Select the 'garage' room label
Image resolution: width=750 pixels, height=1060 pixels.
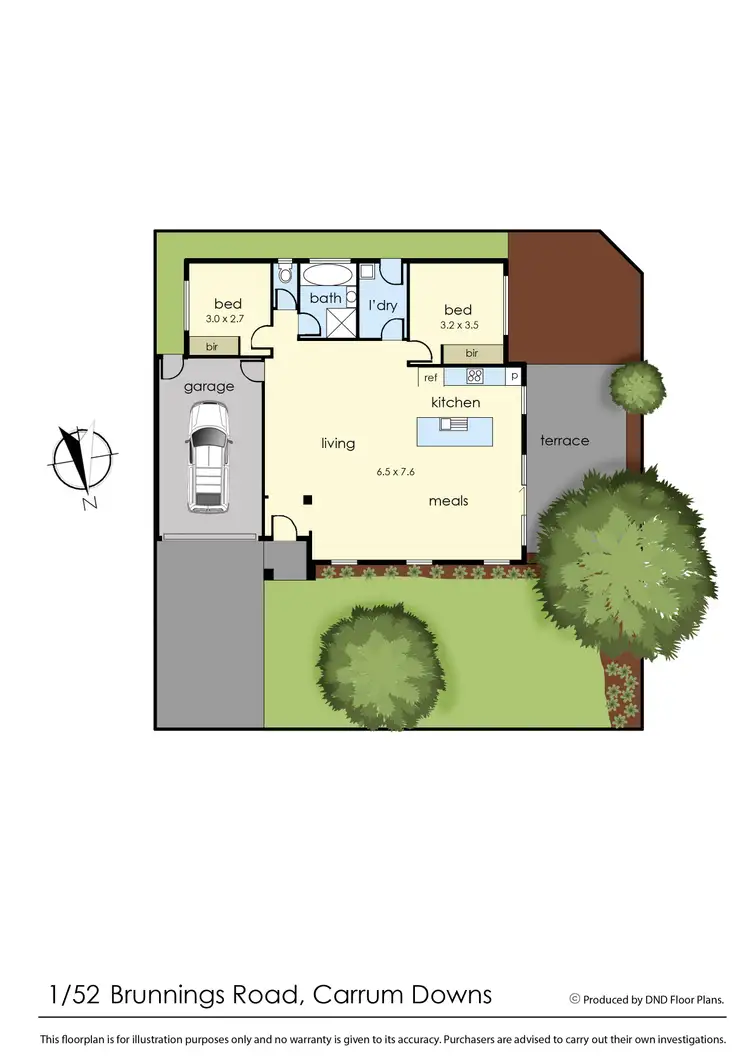point(209,386)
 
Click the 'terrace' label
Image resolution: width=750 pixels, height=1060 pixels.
point(565,440)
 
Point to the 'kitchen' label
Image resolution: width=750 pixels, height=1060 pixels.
point(456,402)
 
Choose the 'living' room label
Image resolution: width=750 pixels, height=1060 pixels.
point(338,443)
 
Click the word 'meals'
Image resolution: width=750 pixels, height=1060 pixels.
point(449,500)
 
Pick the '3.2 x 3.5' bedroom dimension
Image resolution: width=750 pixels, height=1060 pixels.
point(459,324)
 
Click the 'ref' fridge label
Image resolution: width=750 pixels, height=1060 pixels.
point(431,377)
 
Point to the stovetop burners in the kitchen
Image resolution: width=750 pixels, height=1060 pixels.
point(475,376)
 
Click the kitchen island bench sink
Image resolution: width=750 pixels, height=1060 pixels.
point(452,424)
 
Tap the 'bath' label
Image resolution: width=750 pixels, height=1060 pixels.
point(325,298)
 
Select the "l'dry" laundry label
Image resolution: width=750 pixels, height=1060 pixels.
point(384,304)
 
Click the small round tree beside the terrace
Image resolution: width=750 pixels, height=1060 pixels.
point(637,386)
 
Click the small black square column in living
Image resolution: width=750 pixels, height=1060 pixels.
point(309,499)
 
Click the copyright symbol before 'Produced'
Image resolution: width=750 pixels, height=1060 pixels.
point(575,998)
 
